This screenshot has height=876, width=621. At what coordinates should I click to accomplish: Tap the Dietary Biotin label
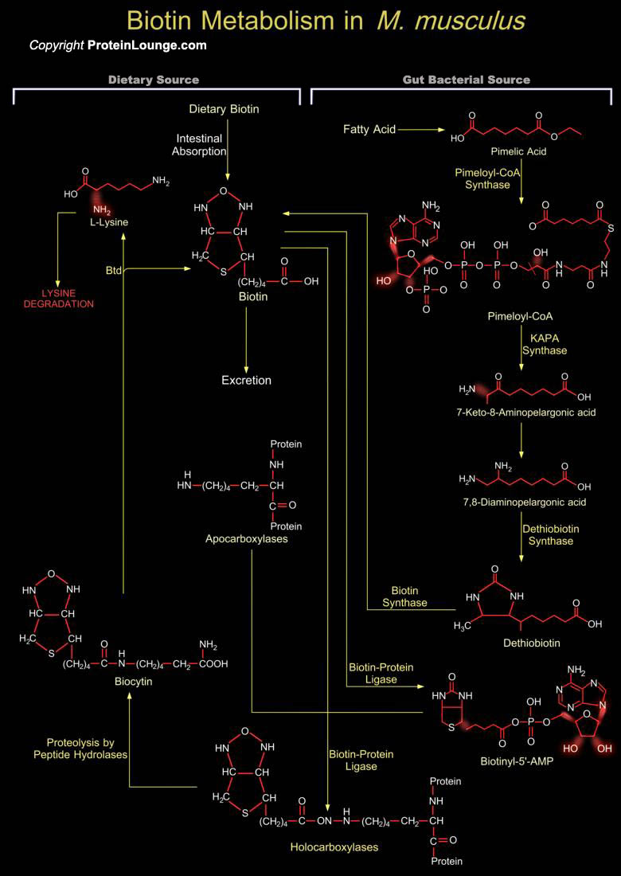tap(224, 110)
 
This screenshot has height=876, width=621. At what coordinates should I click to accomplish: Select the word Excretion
tap(246, 381)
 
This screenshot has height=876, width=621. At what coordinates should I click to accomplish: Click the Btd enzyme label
tap(113, 270)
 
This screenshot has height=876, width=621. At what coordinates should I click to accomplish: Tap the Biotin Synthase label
tap(409, 596)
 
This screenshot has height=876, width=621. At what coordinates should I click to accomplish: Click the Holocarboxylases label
tap(334, 847)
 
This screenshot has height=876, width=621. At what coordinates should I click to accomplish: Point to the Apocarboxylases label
tap(250, 539)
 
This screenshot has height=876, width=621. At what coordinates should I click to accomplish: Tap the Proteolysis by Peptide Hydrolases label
tap(88, 749)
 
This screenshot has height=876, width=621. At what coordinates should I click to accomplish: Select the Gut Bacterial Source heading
tap(467, 80)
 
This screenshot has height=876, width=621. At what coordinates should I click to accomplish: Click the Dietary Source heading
tap(154, 80)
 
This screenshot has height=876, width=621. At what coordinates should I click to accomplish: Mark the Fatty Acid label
tap(369, 130)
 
